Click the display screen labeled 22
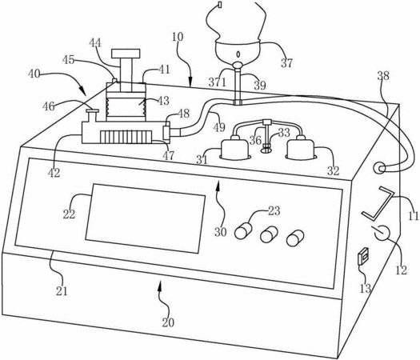tap(146, 218)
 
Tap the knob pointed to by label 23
tap(243, 230)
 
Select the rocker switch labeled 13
tap(364, 256)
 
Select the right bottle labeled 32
tap(300, 149)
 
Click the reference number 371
tap(218, 82)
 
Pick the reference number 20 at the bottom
tap(168, 322)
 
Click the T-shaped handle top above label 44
tap(126, 54)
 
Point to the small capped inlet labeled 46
tap(92, 115)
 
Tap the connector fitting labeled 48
tap(167, 130)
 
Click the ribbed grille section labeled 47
tap(126, 137)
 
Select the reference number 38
tap(383, 76)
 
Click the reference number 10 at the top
tap(178, 37)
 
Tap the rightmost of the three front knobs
tap(295, 238)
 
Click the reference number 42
tap(54, 173)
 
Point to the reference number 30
tap(221, 232)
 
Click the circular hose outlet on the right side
tap(379, 168)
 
